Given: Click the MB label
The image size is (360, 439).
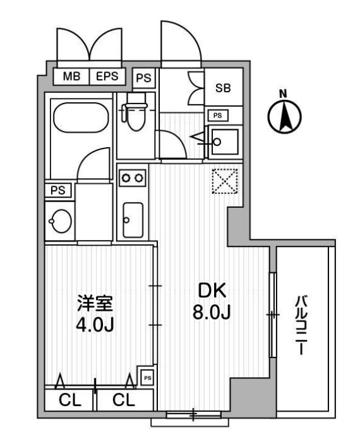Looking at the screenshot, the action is (x=71, y=76).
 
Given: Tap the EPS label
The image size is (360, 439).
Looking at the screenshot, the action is (x=107, y=76).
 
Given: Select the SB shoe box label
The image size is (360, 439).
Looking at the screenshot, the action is (x=223, y=88).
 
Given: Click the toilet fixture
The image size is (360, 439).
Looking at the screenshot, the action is (x=135, y=112).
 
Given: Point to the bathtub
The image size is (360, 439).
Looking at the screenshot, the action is (x=81, y=117).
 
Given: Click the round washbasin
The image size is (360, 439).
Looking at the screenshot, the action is (x=61, y=221).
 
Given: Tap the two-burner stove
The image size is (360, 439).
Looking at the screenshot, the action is (x=133, y=177).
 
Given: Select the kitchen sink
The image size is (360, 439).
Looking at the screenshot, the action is (x=133, y=220).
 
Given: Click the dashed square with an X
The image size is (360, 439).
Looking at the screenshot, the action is (x=225, y=181).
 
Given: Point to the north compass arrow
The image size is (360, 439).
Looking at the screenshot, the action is (x=284, y=117).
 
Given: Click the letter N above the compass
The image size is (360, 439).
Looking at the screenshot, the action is (x=284, y=93).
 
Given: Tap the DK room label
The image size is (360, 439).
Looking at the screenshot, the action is (x=212, y=291).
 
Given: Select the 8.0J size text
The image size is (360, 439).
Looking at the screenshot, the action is (x=212, y=312).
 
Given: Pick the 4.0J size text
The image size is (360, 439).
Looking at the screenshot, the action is (x=95, y=325).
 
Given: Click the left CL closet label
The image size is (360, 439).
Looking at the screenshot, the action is (x=69, y=400).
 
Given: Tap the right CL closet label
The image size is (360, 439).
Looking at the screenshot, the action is (x=123, y=400).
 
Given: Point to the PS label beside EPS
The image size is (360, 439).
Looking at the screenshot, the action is (x=143, y=78).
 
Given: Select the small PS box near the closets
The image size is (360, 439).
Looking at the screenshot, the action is (x=148, y=378).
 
